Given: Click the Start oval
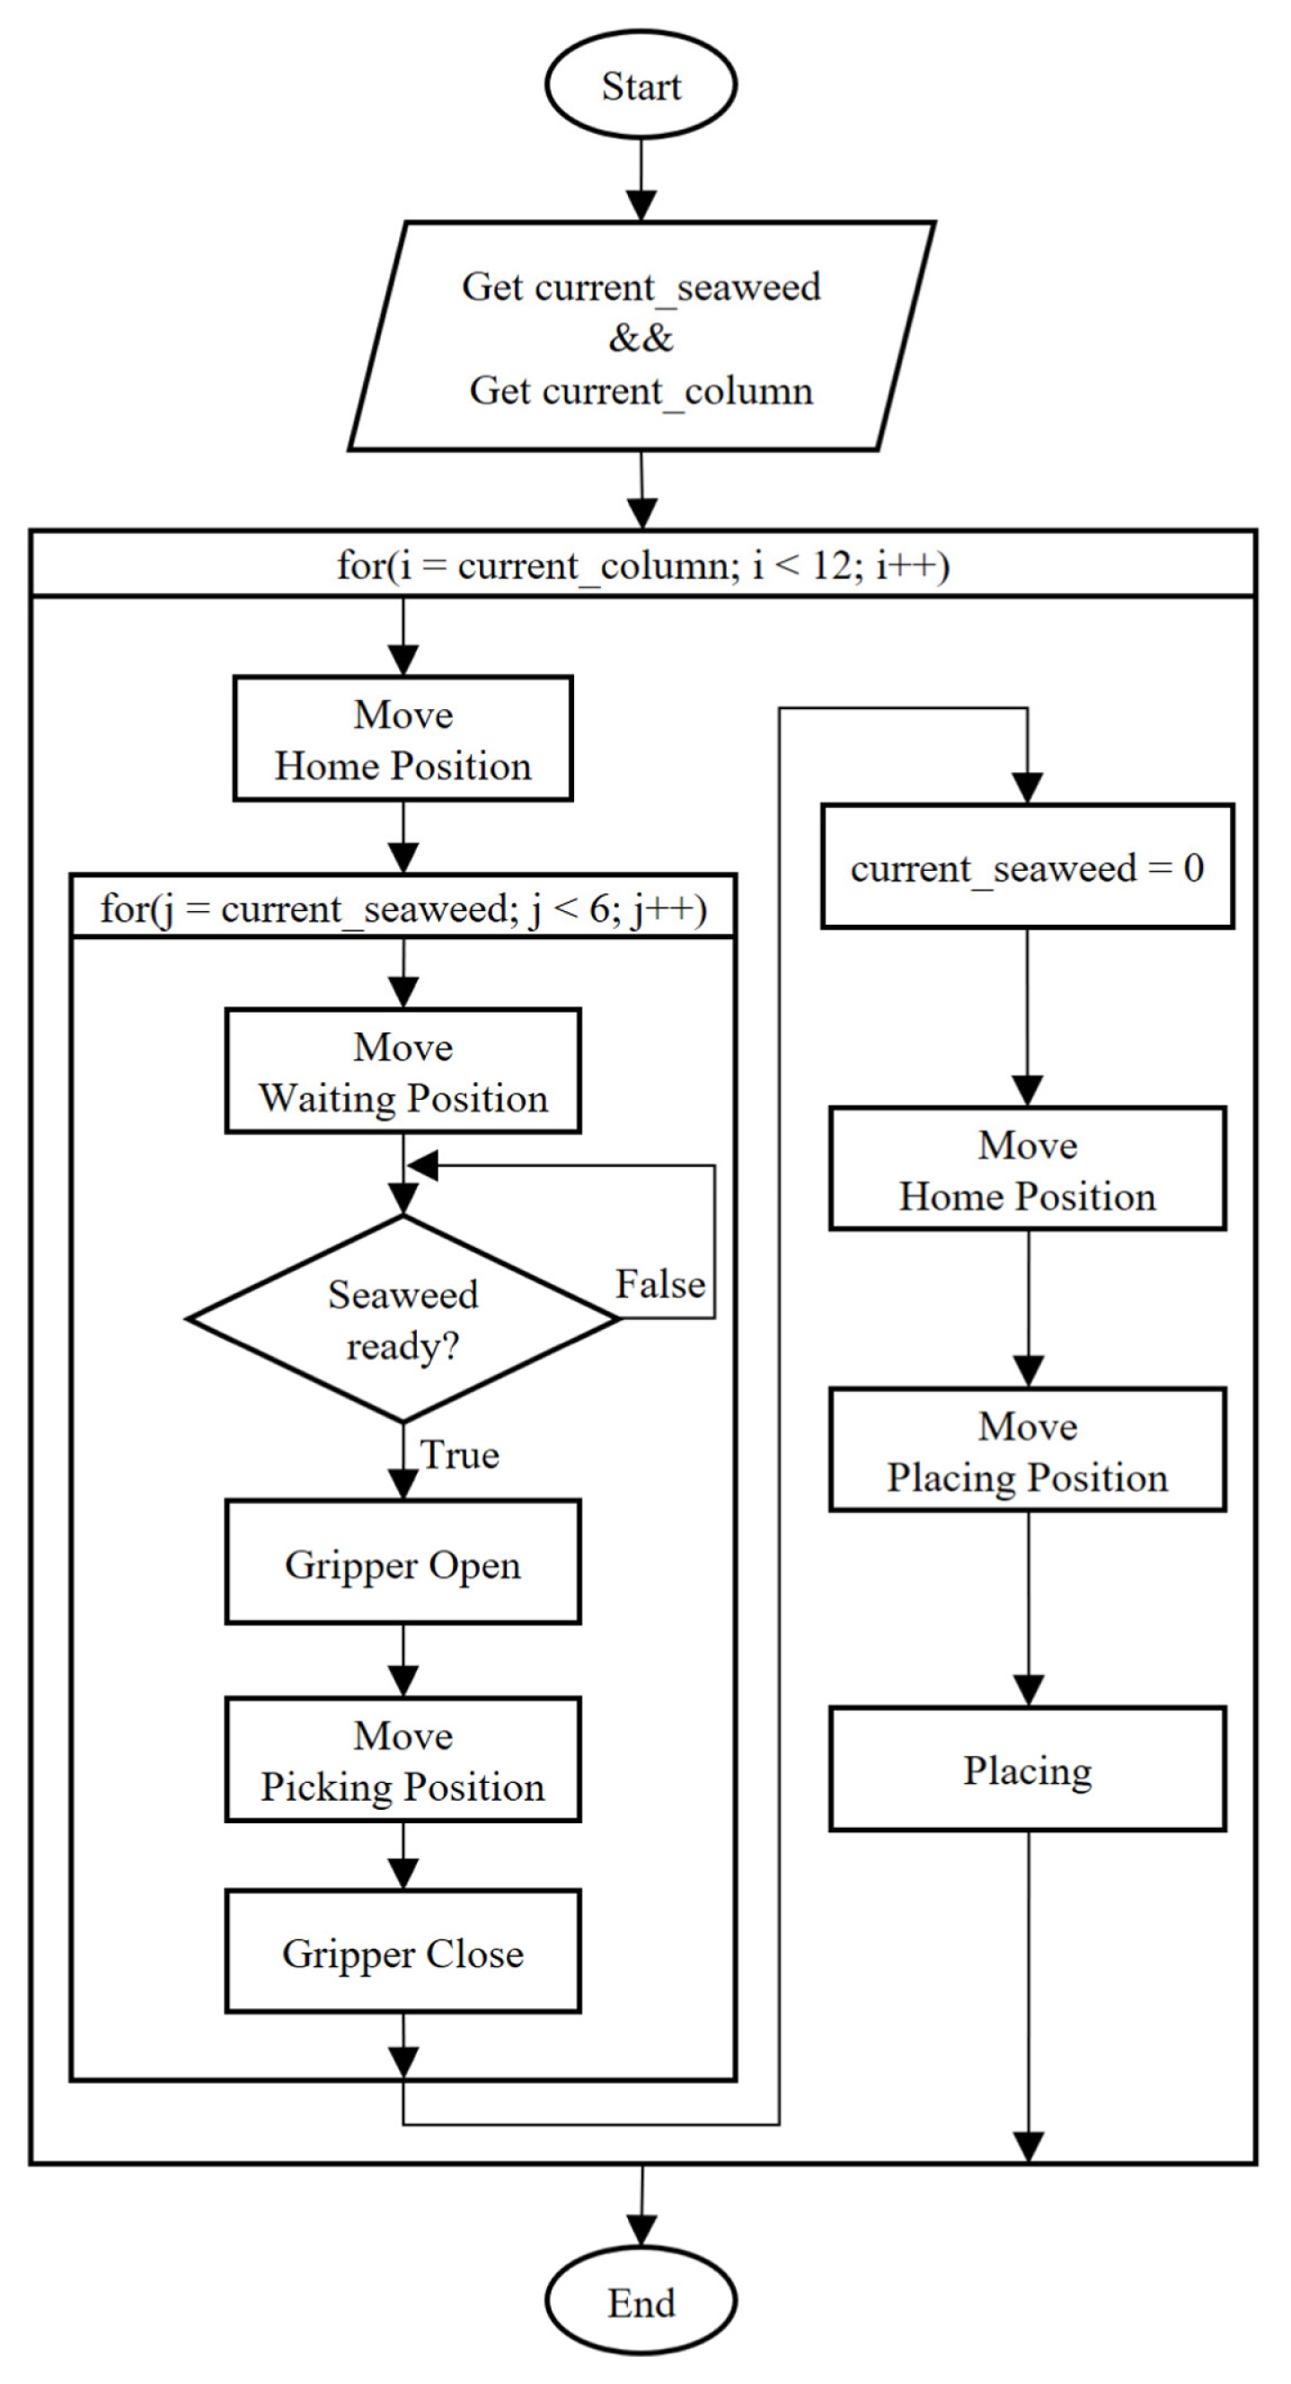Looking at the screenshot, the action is [641, 85].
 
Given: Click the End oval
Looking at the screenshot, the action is [641, 2302].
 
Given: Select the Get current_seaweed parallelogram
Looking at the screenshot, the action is [641, 336].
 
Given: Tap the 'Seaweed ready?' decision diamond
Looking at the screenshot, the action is [402, 1319].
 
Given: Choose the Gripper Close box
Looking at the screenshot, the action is [402, 1953].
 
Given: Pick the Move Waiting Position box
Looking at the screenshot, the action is [402, 1072].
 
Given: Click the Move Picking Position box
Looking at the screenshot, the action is [402, 1760].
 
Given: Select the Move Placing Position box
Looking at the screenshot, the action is [1027, 1450].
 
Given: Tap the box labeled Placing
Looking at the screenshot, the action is [1027, 1769].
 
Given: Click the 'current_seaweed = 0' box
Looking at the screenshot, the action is [1027, 867].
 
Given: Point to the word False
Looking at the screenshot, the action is [659, 1284].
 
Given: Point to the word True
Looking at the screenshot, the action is [459, 1455].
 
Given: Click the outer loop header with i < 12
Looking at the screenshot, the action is [643, 563].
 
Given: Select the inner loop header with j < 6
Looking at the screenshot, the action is [402, 908].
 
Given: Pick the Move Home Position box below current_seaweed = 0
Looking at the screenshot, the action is [1027, 1169].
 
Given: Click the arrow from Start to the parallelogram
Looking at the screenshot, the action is [641, 181].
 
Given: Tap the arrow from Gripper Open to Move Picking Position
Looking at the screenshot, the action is [402, 1662].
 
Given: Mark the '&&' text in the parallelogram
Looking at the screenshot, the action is [641, 338].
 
